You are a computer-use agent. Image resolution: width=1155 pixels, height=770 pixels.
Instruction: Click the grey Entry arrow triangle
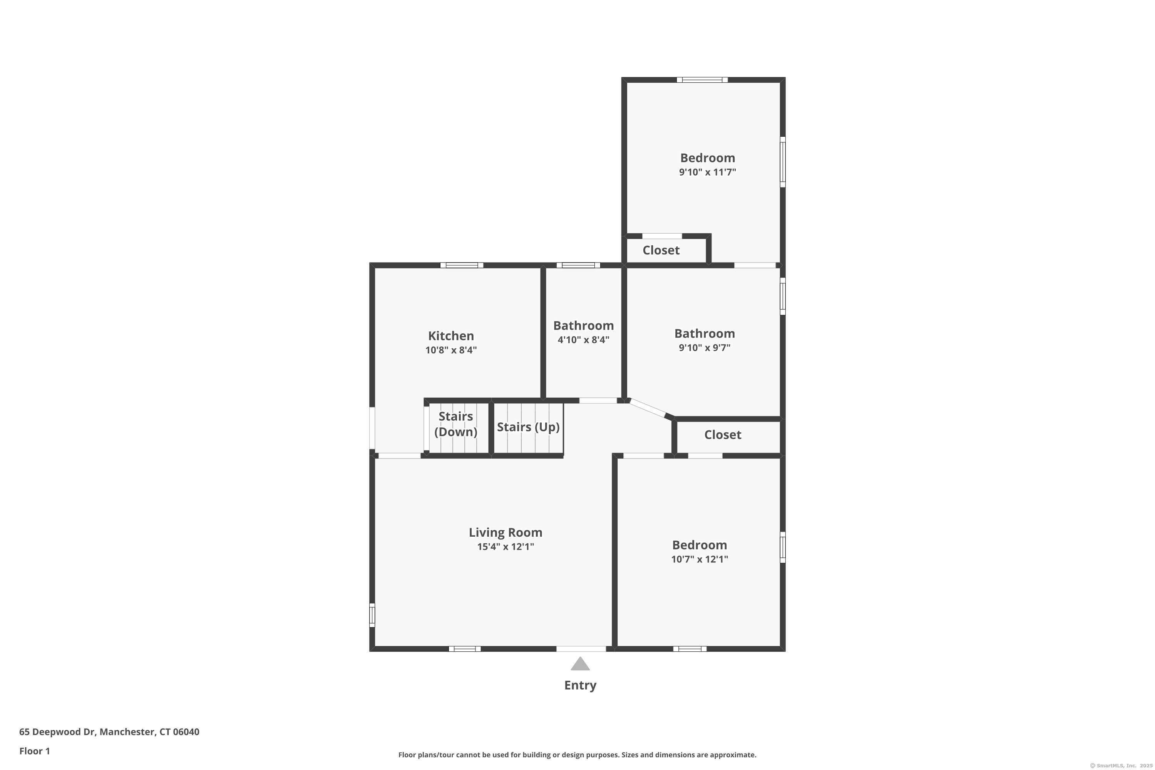pyautogui.click(x=580, y=665)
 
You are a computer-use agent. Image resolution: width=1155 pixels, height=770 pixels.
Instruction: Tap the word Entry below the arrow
pyautogui.click(x=580, y=686)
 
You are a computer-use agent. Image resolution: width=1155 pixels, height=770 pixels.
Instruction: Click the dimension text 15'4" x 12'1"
pyautogui.click(x=505, y=547)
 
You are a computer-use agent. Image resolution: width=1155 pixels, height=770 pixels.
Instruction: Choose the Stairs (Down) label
pyautogui.click(x=456, y=424)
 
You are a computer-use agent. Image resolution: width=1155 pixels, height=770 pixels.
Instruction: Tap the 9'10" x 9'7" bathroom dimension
pyautogui.click(x=704, y=348)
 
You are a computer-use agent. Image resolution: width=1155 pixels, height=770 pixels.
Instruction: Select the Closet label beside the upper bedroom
pyautogui.click(x=661, y=251)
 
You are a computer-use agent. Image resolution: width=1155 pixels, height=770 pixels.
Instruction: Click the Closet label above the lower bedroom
pyautogui.click(x=722, y=435)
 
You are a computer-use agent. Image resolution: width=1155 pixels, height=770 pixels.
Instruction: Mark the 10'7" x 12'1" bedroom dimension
pyautogui.click(x=699, y=559)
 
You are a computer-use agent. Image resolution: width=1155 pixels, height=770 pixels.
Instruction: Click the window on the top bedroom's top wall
pyautogui.click(x=702, y=80)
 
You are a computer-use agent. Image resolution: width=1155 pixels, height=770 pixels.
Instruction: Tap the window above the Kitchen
pyautogui.click(x=462, y=265)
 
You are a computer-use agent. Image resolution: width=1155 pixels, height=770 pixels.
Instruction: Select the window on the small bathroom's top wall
pyautogui.click(x=578, y=265)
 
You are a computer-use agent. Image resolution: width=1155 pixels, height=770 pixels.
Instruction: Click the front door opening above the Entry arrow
pyautogui.click(x=581, y=649)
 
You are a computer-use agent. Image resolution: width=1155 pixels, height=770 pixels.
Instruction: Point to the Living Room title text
pyautogui.click(x=505, y=533)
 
